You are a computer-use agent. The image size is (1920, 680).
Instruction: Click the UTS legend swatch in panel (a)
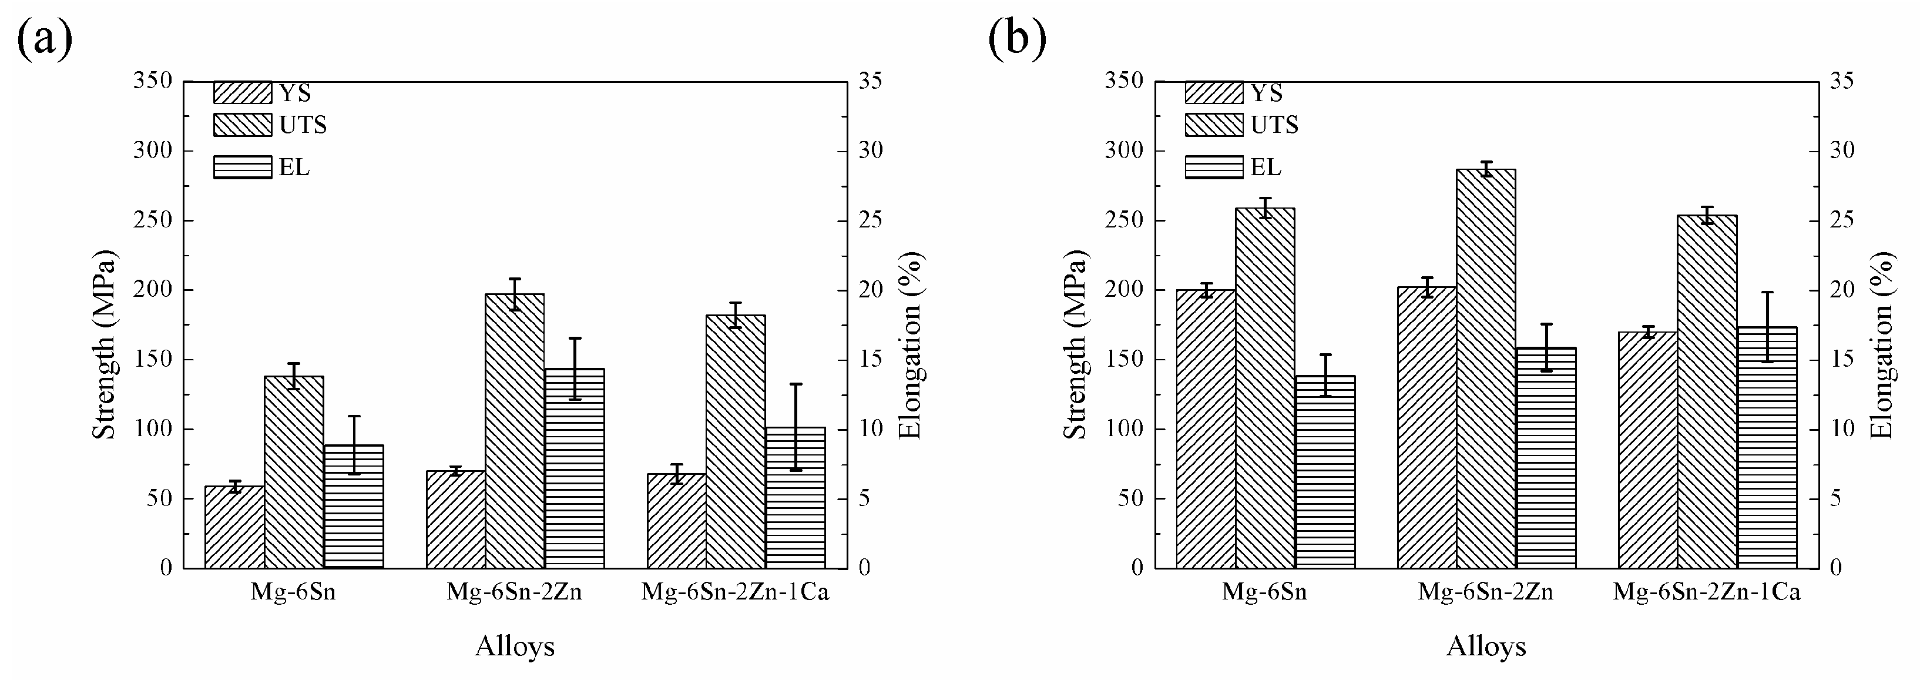[242, 125]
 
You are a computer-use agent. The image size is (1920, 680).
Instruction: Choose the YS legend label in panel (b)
[1266, 93]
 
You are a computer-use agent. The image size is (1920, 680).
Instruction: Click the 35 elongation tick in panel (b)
[1842, 81]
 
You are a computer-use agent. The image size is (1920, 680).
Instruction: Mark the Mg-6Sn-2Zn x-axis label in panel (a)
[514, 592]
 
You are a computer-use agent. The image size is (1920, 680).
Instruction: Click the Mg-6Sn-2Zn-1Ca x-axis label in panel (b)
[1707, 592]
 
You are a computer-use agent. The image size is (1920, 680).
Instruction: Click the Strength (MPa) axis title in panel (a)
[105, 344]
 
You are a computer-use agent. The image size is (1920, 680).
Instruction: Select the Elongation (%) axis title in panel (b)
[1881, 344]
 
